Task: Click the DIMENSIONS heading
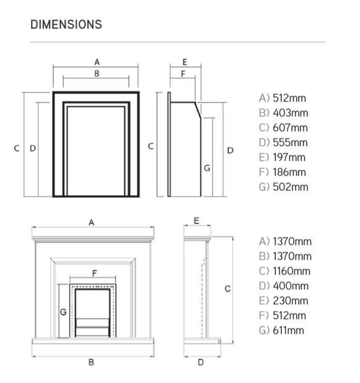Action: point(66,24)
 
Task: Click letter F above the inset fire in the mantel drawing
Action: point(94,272)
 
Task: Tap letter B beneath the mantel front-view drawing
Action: point(91,362)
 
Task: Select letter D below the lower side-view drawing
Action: point(201,362)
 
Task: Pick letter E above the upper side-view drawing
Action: point(185,62)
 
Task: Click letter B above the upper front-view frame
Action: point(97,73)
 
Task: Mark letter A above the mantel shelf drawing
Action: point(92,222)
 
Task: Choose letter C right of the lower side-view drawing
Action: point(228,289)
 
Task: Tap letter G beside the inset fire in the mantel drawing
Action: point(63,312)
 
